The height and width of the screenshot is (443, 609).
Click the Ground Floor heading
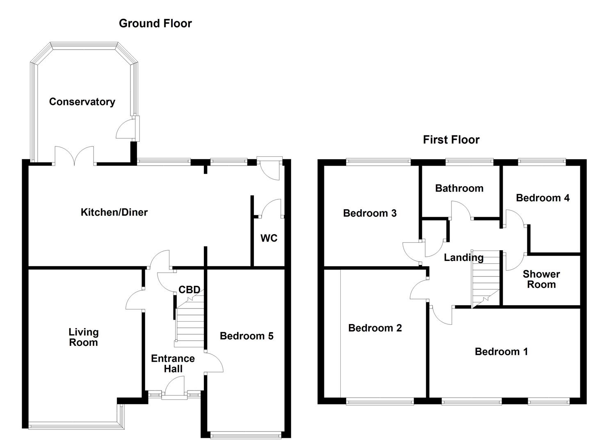tap(155, 23)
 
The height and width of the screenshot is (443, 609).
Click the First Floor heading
tap(451, 140)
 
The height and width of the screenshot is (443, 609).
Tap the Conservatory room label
tap(82, 102)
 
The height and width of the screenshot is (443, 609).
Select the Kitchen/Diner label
tap(114, 212)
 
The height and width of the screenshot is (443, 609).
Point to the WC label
tap(269, 238)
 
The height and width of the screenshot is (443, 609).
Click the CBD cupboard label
tap(189, 290)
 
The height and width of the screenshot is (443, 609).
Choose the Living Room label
tap(83, 337)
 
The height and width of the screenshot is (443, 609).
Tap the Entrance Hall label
tap(173, 363)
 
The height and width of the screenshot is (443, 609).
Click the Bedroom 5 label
tap(246, 336)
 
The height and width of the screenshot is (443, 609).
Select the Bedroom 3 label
tap(370, 213)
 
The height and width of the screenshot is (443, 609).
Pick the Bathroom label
tap(459, 188)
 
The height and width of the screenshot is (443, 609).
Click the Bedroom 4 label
tap(542, 198)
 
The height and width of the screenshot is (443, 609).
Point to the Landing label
tap(463, 258)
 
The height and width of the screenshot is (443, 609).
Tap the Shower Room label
tap(541, 279)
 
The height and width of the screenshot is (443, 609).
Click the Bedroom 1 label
tap(501, 352)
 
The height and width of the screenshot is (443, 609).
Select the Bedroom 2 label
tap(375, 328)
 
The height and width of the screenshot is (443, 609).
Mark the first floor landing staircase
tap(486, 279)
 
